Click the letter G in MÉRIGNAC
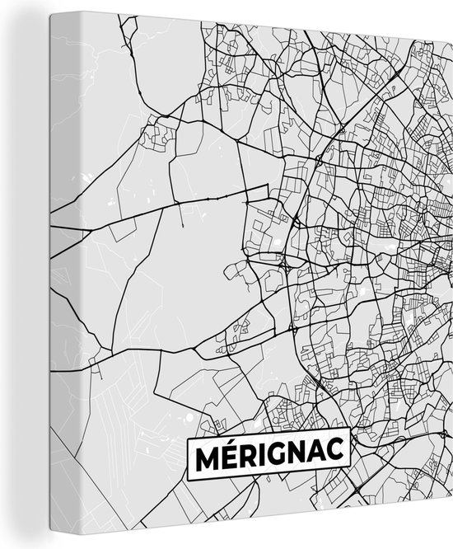279,456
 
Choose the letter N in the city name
301,456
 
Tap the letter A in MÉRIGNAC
322,456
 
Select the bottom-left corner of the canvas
52,548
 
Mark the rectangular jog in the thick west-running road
255,194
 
